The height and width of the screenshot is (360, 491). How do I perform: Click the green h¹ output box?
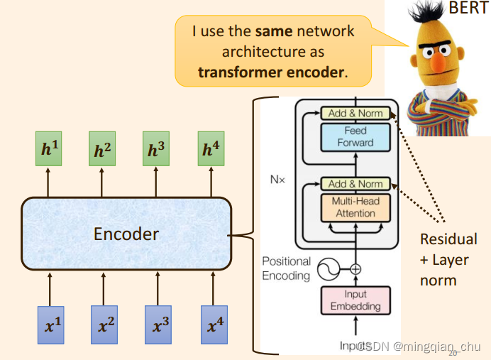pos(48,149)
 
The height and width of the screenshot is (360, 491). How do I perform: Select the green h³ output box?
pos(156,149)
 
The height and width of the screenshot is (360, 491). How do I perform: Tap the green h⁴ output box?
pos(211,149)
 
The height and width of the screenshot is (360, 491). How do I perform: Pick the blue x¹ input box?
pos(50,326)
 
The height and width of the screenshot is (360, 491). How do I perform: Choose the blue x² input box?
pos(104,326)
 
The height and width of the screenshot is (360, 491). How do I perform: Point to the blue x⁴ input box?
pos(211,326)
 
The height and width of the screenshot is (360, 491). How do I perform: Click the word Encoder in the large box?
pos(126,233)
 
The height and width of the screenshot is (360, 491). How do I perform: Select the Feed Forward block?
pos(355,136)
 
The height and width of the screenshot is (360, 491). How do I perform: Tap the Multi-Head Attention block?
pos(355,207)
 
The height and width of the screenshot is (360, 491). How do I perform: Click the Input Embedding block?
pos(355,300)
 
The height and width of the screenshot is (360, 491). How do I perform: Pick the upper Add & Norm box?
pos(355,113)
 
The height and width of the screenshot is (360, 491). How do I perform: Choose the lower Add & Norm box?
pos(355,183)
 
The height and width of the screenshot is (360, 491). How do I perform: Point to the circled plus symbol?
pos(355,269)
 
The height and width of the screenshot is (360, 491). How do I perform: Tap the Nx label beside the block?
pos(277,180)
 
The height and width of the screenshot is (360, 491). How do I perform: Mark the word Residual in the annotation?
pos(448,239)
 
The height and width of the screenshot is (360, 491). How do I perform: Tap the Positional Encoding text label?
pos(286,269)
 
